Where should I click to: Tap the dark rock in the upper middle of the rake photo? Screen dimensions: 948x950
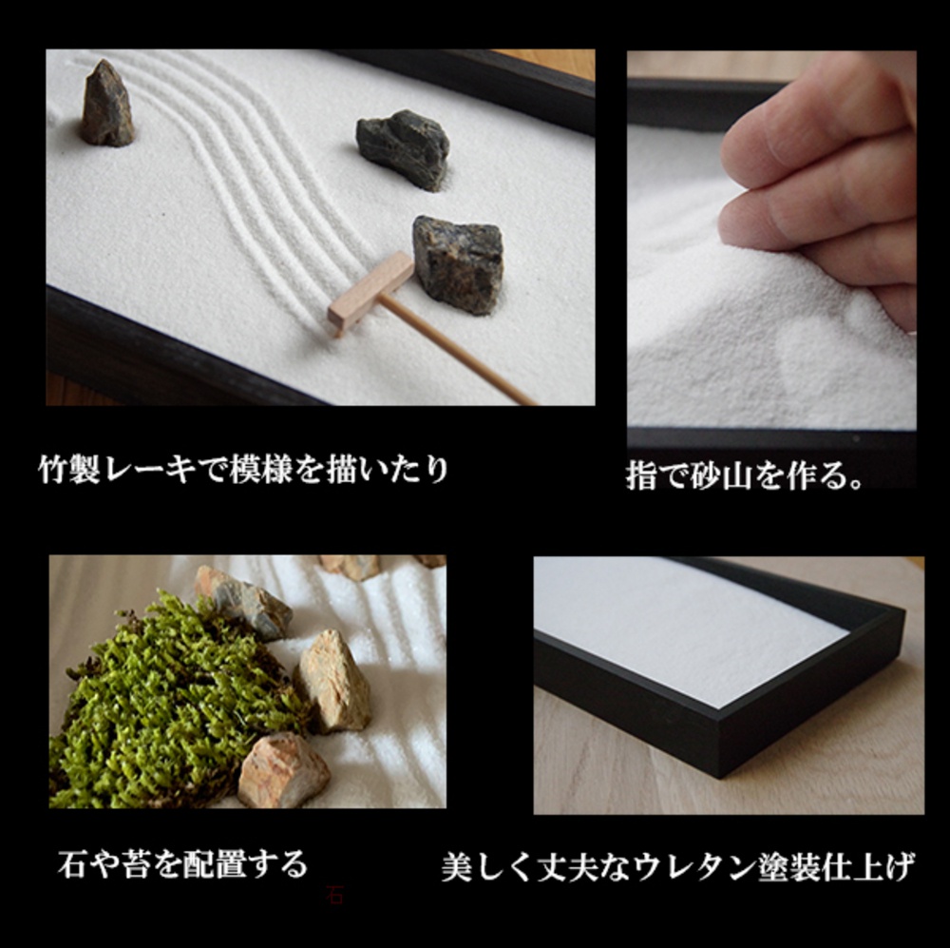[403, 147]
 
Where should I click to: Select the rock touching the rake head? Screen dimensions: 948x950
[458, 263]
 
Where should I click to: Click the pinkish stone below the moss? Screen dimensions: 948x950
[282, 769]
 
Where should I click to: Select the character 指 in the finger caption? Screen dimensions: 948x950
[642, 476]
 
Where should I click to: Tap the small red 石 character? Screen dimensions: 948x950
[334, 895]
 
